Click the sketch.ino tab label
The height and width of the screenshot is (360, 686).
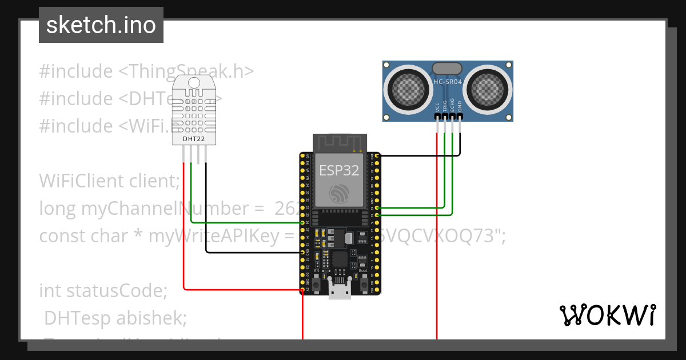[101, 25]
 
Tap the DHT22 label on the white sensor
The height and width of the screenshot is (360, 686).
[193, 138]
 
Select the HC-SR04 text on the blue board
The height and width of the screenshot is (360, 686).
[448, 82]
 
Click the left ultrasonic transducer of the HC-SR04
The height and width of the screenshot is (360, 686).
[408, 87]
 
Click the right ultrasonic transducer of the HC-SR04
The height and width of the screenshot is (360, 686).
[487, 87]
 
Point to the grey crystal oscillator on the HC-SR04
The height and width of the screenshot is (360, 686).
[447, 69]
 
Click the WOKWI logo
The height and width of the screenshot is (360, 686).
[607, 315]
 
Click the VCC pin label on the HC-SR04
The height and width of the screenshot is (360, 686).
[437, 106]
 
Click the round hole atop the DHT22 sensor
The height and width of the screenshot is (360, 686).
[194, 83]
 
